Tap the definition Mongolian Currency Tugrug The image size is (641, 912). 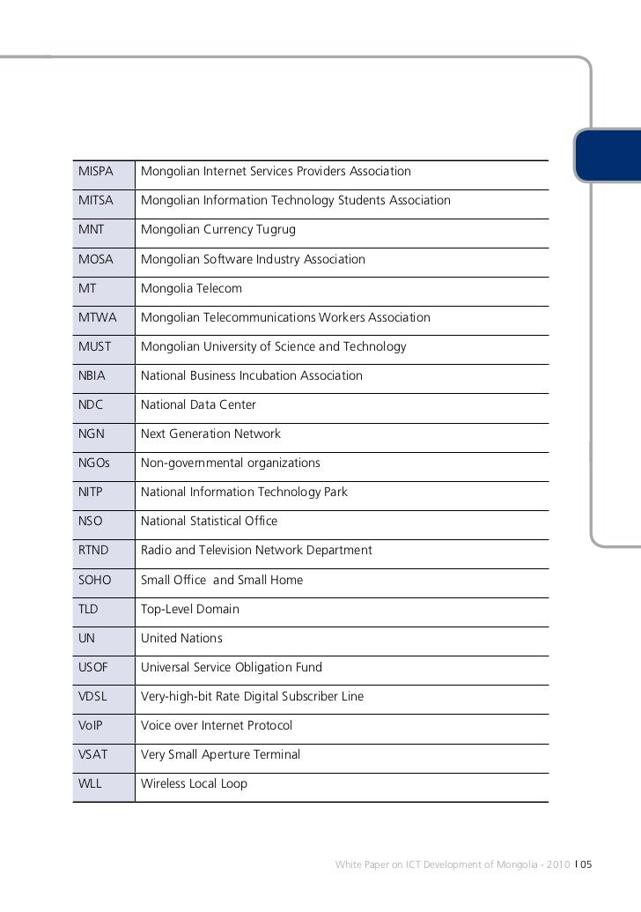[218, 229]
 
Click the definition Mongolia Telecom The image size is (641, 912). [191, 288]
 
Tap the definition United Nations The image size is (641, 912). [181, 638]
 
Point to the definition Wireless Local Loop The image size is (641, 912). [194, 783]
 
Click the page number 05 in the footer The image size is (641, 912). [586, 864]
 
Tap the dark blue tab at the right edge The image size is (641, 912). [608, 157]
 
